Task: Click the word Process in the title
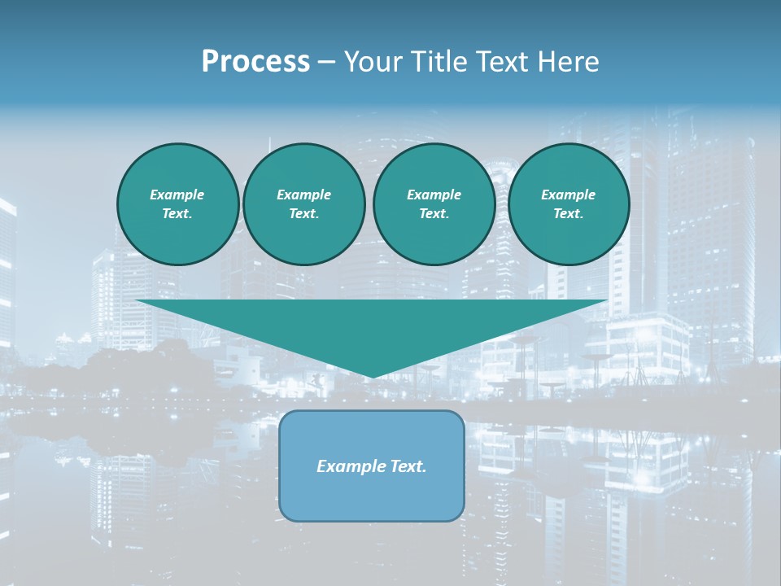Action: coord(255,62)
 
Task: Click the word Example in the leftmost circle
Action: coord(177,195)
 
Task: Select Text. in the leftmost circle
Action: coord(177,214)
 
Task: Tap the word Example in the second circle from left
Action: coord(303,195)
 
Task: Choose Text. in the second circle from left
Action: coord(303,214)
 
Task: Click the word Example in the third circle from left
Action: coord(434,195)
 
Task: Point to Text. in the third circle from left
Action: coord(434,214)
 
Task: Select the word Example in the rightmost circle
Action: coord(568,195)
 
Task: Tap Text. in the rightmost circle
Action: coord(568,214)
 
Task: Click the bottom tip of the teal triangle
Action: coord(372,377)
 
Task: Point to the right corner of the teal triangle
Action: coord(606,301)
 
